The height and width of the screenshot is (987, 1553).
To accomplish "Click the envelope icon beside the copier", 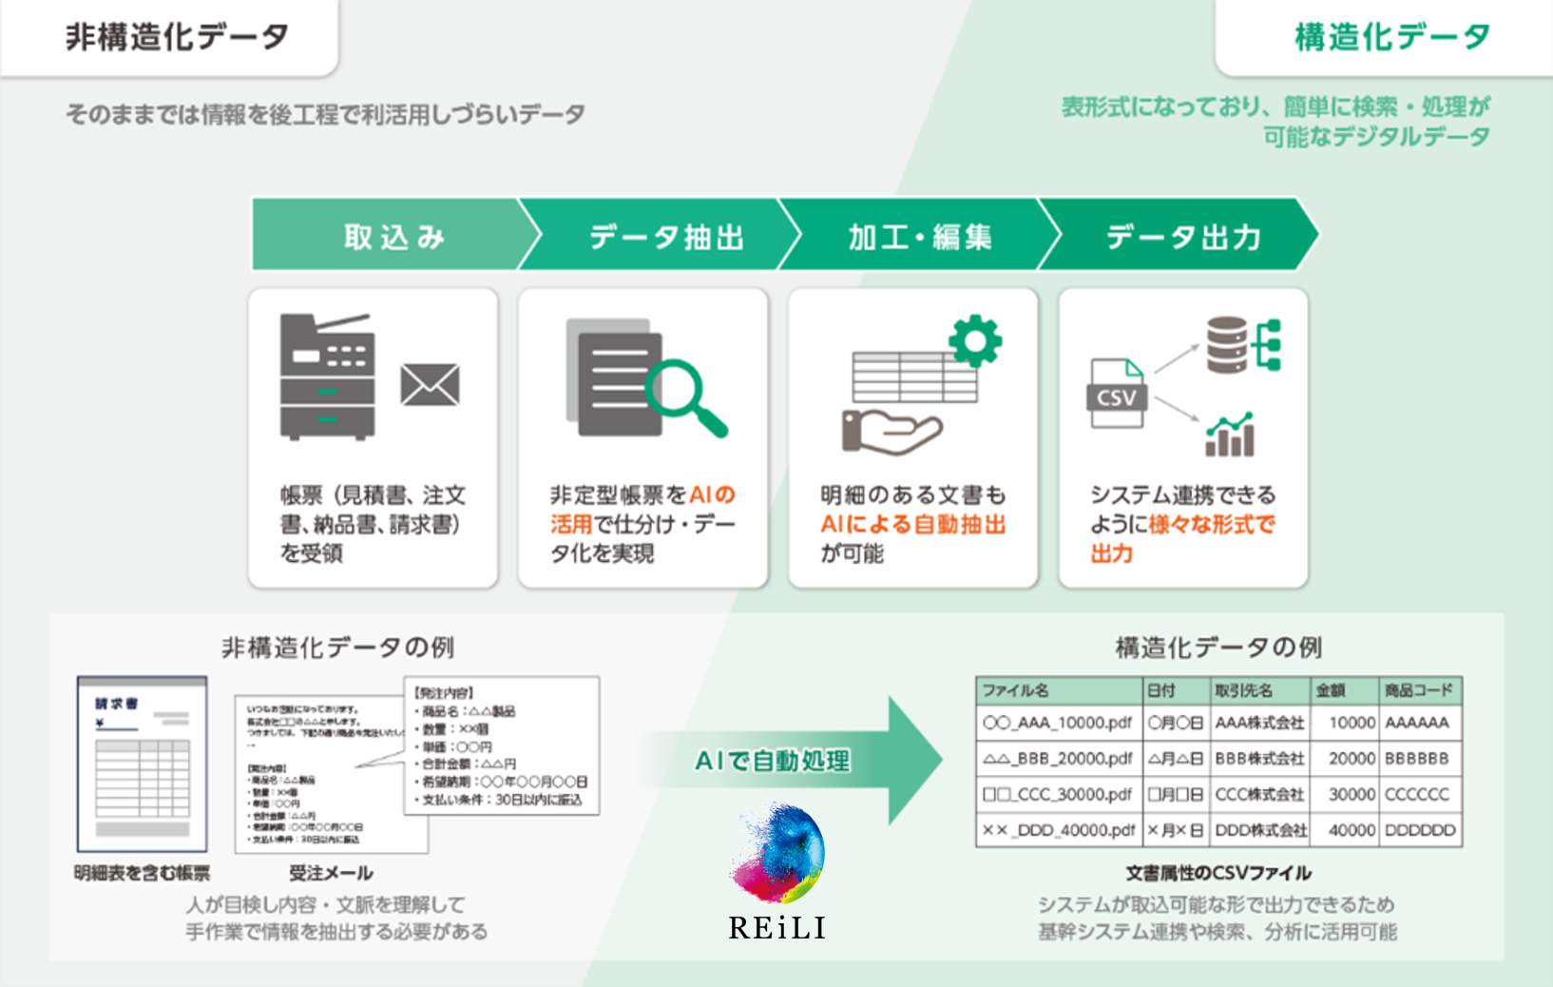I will tap(430, 384).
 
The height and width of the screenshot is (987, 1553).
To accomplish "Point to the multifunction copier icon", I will tap(327, 377).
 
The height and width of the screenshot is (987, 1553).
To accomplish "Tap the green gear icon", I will tap(975, 340).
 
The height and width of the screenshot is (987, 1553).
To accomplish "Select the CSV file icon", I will tap(1117, 394).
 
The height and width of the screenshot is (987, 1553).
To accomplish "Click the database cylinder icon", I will tap(1226, 344).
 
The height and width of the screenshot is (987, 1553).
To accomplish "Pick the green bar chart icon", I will tap(1230, 435).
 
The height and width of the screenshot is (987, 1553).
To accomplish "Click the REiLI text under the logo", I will tap(777, 928).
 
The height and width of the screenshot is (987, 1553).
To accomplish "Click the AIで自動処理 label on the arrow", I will tap(773, 761).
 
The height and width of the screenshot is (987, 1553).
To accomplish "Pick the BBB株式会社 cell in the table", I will tap(1259, 759).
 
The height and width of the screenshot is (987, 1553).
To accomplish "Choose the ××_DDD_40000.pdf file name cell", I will tap(1058, 830).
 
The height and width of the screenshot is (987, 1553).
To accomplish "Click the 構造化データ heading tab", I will tap(1391, 38).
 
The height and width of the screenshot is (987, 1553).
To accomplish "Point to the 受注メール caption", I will tap(331, 873).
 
